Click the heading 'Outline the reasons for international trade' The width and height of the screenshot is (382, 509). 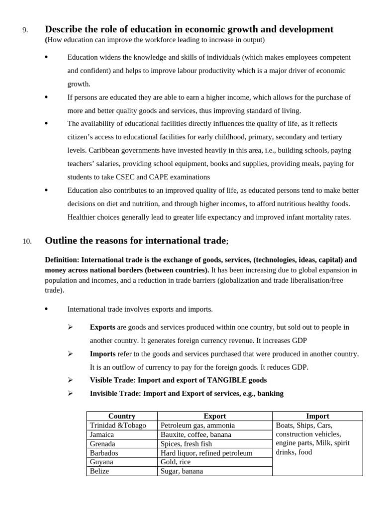[x=135, y=241]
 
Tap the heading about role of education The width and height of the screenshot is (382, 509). [x=189, y=29]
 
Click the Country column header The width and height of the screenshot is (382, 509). [x=122, y=416]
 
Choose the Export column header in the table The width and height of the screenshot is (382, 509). [x=215, y=416]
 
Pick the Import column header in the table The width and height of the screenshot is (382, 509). [x=317, y=416]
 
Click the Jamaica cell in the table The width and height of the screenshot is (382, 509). [x=102, y=434]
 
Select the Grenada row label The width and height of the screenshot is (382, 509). [x=102, y=443]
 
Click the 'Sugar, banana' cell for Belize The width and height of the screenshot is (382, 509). [x=182, y=471]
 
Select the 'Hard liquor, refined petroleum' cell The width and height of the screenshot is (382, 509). [x=206, y=453]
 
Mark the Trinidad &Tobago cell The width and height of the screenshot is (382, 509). [x=118, y=425]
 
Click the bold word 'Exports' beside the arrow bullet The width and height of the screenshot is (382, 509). [x=102, y=327]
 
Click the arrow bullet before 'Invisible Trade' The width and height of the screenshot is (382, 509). [x=70, y=393]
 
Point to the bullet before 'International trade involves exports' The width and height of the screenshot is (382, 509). [x=46, y=309]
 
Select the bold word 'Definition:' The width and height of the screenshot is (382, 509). [x=62, y=260]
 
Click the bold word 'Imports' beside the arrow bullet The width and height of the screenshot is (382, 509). [x=102, y=354]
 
